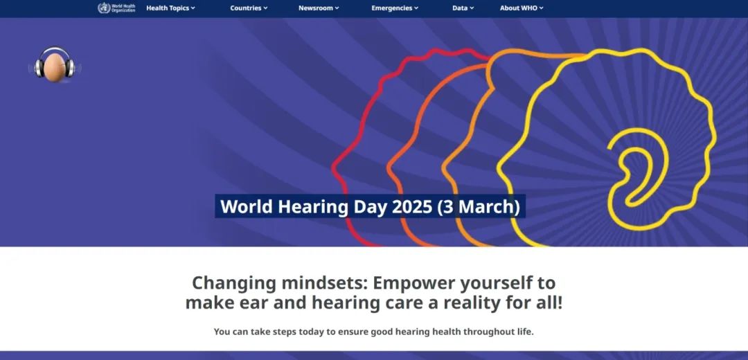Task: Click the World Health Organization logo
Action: pyautogui.click(x=116, y=8)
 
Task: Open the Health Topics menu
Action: pyautogui.click(x=170, y=8)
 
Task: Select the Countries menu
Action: pyautogui.click(x=249, y=8)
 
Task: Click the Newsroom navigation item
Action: pyautogui.click(x=319, y=8)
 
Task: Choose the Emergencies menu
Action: pyautogui.click(x=395, y=8)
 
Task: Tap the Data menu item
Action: pyautogui.click(x=463, y=8)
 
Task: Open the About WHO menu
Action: pyautogui.click(x=522, y=8)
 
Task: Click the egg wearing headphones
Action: pyautogui.click(x=55, y=65)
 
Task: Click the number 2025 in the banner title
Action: pyautogui.click(x=411, y=206)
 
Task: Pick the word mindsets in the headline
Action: pyautogui.click(x=325, y=282)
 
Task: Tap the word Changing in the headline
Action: pyautogui.click(x=234, y=284)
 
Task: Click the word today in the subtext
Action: pyautogui.click(x=311, y=332)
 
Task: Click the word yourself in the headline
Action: pyautogui.click(x=494, y=284)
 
